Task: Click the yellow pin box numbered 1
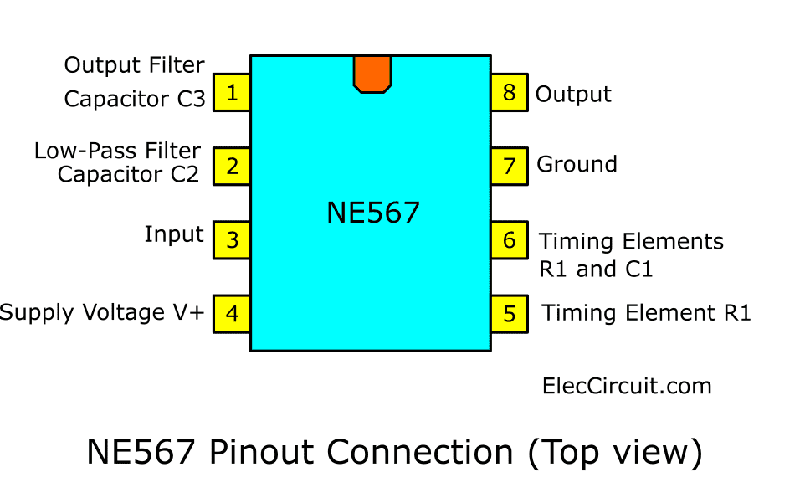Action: [233, 92]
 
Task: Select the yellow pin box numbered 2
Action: [233, 166]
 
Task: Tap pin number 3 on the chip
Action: [233, 240]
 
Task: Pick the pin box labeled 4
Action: [233, 314]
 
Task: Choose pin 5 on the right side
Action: [509, 314]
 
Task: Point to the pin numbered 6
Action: [509, 240]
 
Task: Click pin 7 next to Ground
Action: [509, 166]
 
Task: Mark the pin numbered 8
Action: [509, 92]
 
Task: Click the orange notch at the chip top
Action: [372, 74]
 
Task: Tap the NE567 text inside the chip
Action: [372, 213]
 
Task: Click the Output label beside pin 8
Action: [573, 95]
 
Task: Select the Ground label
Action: [577, 164]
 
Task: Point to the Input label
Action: [174, 235]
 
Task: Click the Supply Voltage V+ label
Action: [102, 313]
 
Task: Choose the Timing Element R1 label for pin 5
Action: [647, 313]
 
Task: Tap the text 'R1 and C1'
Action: [596, 269]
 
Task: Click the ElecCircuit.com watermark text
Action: [627, 386]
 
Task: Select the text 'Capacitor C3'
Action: [135, 99]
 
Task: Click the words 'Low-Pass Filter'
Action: [117, 151]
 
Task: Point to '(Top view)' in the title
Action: [615, 452]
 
